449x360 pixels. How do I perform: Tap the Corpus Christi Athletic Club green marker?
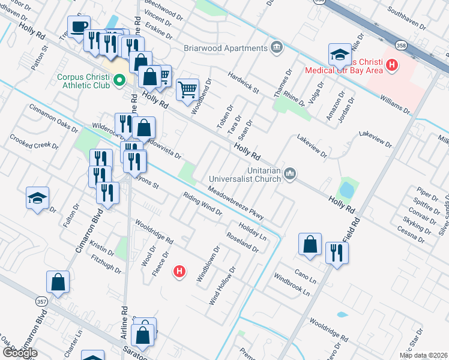point(119,79)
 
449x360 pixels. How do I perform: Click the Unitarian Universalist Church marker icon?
point(291,174)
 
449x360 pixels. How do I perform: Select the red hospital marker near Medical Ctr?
point(392,64)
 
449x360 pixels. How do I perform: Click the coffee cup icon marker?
point(79,26)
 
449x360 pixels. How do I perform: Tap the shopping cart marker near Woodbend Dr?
point(187,89)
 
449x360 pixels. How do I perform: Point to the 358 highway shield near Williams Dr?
point(401,45)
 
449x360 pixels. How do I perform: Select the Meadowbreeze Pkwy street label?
point(236,203)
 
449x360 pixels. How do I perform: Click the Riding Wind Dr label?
point(203,204)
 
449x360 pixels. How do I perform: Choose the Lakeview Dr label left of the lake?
point(312,146)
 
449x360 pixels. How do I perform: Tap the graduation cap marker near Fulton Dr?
point(37,198)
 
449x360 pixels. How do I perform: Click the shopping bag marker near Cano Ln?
point(310,244)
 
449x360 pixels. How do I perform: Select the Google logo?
point(19,353)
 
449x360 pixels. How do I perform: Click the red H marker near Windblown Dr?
point(178,272)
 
